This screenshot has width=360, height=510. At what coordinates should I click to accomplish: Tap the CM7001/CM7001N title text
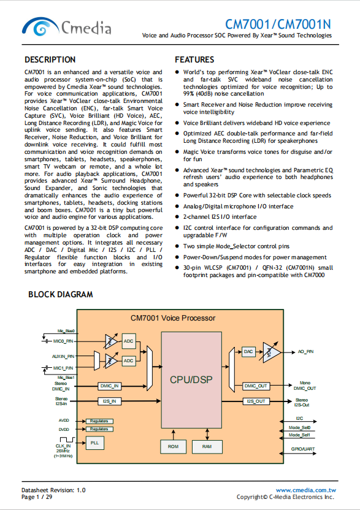278,25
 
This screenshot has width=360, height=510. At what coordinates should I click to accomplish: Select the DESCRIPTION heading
50,60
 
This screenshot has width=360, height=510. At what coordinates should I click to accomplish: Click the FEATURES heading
194,60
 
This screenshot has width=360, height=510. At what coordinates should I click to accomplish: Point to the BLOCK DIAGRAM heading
61,294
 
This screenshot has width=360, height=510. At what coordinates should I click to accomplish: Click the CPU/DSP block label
191,379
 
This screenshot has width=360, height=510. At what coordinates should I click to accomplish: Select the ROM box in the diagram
173,447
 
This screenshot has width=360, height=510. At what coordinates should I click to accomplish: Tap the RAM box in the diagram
207,447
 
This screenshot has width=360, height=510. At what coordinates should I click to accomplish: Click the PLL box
94,443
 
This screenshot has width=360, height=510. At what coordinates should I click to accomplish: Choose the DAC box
248,352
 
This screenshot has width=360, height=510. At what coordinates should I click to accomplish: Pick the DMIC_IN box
109,386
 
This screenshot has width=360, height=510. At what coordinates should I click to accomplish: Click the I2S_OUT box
256,402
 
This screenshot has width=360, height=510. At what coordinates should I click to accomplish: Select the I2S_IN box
109,402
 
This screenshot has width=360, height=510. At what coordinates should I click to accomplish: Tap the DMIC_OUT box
256,386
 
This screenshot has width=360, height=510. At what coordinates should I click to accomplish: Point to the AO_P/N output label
305,352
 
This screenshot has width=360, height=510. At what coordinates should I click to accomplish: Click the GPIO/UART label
303,449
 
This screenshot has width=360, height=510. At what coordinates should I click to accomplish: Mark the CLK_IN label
63,446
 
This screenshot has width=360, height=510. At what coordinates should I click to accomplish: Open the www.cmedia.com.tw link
306,490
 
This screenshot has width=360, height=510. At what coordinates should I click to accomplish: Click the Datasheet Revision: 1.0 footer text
53,490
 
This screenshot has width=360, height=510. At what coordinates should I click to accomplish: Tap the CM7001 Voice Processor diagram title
173,318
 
